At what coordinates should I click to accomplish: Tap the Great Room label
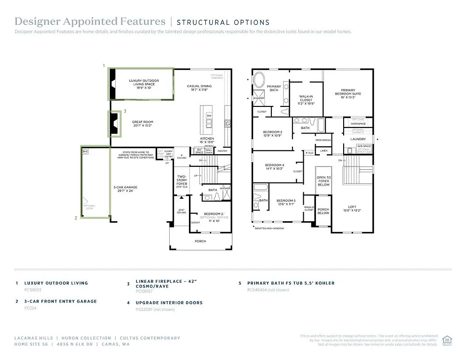[x=143, y=124]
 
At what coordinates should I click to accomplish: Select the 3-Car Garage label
[x=125, y=189]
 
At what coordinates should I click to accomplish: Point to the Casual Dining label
[x=199, y=88]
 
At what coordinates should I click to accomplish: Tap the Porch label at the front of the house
[x=200, y=241]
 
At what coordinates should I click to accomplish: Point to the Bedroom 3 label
[x=273, y=134]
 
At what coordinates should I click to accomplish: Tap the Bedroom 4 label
[x=274, y=167]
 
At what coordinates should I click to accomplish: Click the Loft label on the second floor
[x=352, y=209]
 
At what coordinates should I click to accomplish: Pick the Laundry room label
[x=358, y=139]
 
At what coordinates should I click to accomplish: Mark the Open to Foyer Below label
[x=323, y=181]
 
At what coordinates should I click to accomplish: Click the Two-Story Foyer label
[x=181, y=180]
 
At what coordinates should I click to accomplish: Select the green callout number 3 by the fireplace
[x=125, y=112]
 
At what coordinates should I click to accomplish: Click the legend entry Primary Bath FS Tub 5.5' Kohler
[x=291, y=283]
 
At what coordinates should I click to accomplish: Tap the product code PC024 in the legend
[x=30, y=308]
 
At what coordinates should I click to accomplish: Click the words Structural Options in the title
[x=223, y=22]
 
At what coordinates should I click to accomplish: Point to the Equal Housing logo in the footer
[x=447, y=340]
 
